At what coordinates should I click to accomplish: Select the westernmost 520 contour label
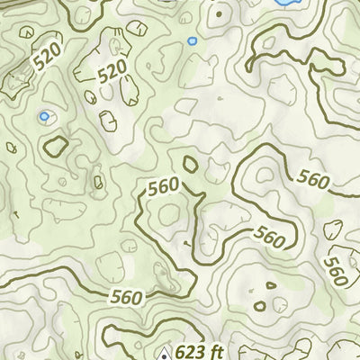point(51,59)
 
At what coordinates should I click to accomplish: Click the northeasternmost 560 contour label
point(311,180)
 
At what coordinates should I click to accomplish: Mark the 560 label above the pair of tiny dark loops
point(269,237)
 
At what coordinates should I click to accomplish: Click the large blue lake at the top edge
point(286,3)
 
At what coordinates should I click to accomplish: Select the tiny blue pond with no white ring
point(191,40)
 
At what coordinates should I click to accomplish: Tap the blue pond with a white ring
point(42,116)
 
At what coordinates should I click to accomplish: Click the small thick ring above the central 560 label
point(191,164)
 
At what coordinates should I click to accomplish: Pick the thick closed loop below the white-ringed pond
point(57,145)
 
